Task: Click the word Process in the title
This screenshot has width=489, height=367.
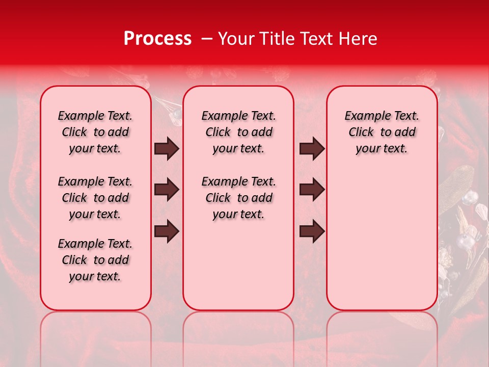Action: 157,39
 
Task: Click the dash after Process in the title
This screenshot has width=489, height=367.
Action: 206,39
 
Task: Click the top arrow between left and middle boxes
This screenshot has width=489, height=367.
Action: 167,149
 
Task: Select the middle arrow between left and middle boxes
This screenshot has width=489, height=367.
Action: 167,190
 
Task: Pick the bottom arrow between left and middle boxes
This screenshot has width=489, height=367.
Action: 167,231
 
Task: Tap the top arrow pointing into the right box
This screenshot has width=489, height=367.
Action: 312,149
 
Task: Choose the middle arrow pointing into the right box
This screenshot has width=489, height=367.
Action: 312,190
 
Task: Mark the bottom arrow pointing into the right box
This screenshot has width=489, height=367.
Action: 312,231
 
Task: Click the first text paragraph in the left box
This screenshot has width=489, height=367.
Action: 95,132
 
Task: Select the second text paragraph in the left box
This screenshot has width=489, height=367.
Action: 95,198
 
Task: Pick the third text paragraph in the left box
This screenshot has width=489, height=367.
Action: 95,260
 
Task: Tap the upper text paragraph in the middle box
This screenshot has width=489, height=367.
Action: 238,132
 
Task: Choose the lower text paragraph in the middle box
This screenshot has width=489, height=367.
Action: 238,198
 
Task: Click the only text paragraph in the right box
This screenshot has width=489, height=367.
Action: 382,132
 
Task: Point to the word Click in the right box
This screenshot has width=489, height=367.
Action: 361,133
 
